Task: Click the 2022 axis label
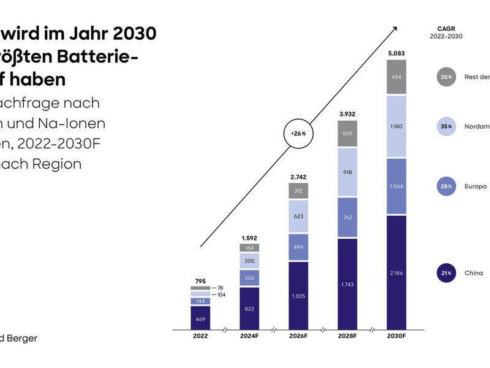click(200, 335)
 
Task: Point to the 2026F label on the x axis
click(298, 335)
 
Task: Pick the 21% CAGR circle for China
click(445, 273)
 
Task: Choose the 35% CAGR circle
click(445, 126)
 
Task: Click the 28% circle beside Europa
click(445, 186)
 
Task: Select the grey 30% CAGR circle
click(445, 77)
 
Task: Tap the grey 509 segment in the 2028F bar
click(347, 133)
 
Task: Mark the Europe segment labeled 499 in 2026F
click(298, 247)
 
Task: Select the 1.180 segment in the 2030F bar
click(397, 126)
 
